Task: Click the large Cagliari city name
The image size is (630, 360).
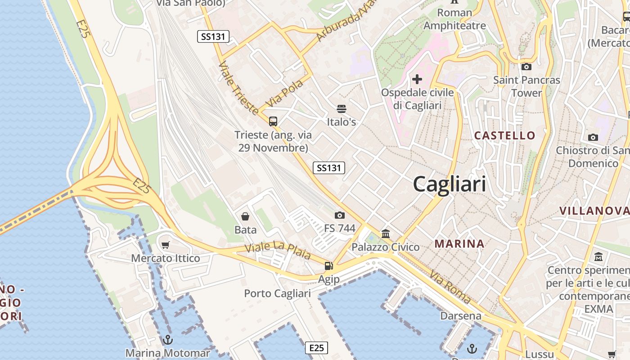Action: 449,184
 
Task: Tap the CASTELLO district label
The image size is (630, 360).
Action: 505,135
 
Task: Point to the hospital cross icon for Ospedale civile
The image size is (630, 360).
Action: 417,80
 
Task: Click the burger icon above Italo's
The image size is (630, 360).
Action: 341,109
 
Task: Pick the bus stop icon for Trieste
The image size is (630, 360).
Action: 273,121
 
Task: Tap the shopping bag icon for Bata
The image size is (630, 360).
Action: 245,217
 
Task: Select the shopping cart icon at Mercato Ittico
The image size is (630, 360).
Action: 166,245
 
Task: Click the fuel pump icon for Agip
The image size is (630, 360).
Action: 329,266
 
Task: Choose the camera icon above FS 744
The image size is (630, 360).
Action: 340,215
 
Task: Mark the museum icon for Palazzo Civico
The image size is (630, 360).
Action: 386,234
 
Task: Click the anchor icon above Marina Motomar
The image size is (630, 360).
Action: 168,340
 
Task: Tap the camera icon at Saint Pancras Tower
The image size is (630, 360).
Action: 526,67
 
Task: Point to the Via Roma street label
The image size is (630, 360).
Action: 450,287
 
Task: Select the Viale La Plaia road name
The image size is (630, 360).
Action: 278,251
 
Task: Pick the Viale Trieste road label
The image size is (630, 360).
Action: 238,88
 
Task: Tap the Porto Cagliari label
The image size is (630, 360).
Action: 277,294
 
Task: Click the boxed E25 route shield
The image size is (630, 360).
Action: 316,348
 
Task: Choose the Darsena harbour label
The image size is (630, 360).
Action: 461,316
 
